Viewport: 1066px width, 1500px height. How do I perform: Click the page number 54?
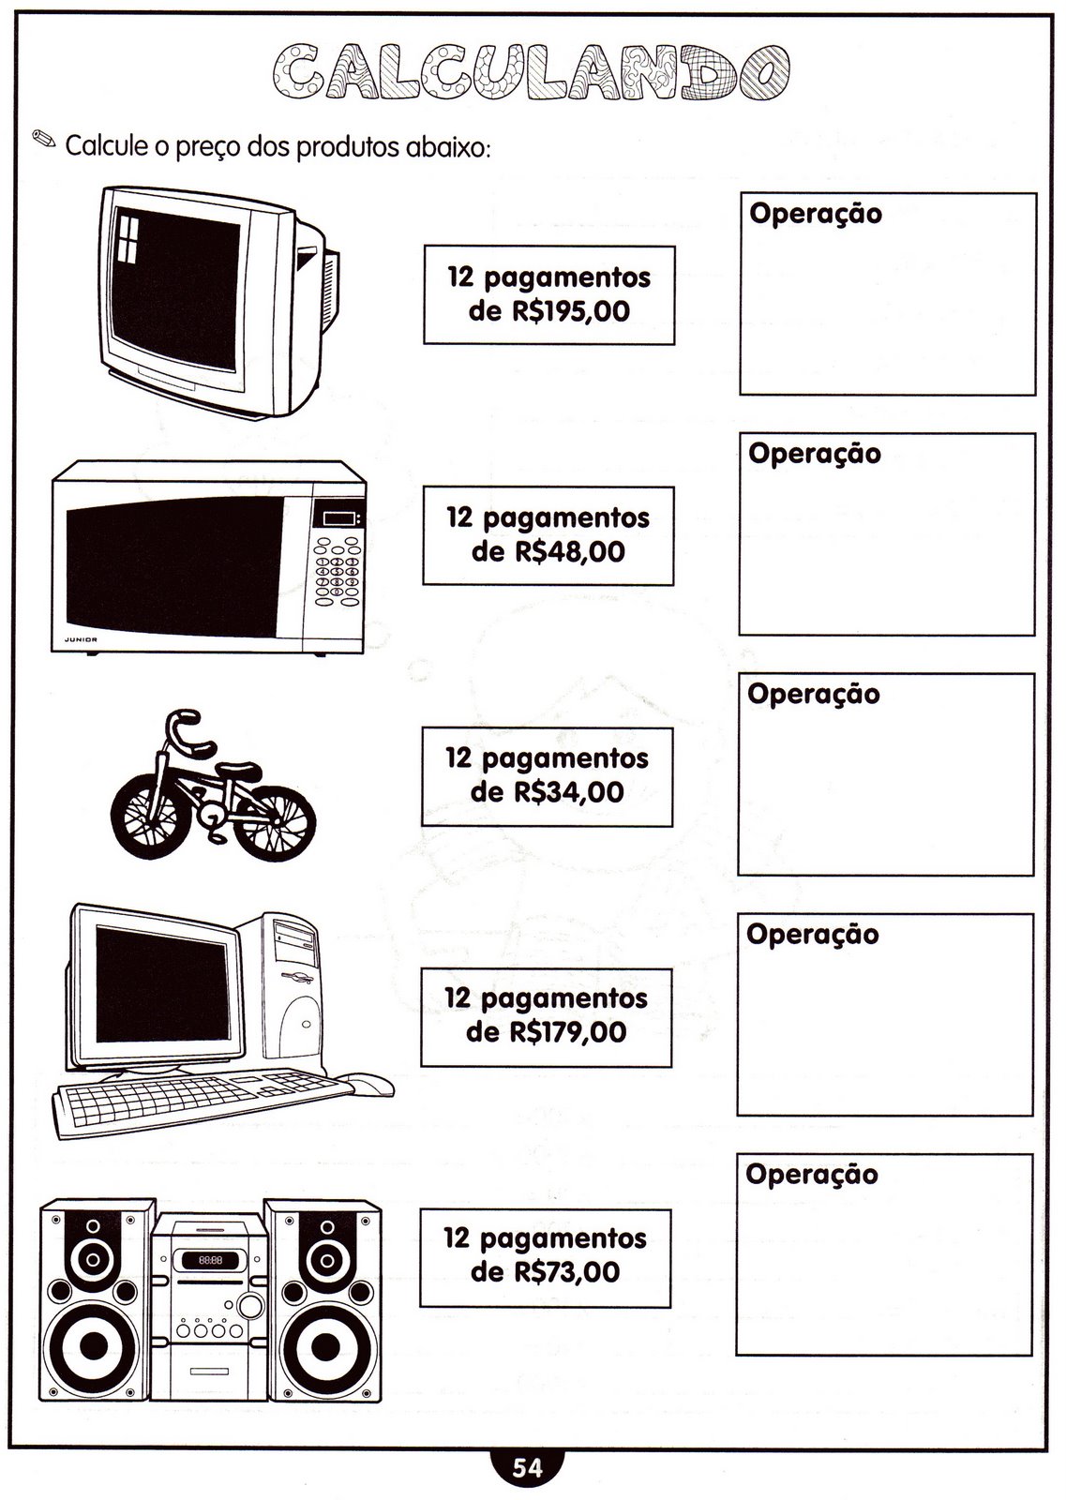tap(528, 1468)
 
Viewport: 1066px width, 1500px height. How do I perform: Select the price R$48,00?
tap(570, 552)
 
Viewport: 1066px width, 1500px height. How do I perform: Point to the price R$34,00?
tap(568, 792)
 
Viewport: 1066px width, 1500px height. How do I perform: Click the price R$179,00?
tap(568, 1032)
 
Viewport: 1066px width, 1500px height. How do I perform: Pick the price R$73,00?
tap(566, 1271)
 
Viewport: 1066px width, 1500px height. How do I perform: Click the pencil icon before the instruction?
tap(44, 139)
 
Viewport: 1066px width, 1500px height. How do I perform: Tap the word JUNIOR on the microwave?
tap(81, 639)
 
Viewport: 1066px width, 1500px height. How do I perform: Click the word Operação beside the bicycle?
tap(814, 695)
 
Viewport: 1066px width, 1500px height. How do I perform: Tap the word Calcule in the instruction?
tap(107, 145)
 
